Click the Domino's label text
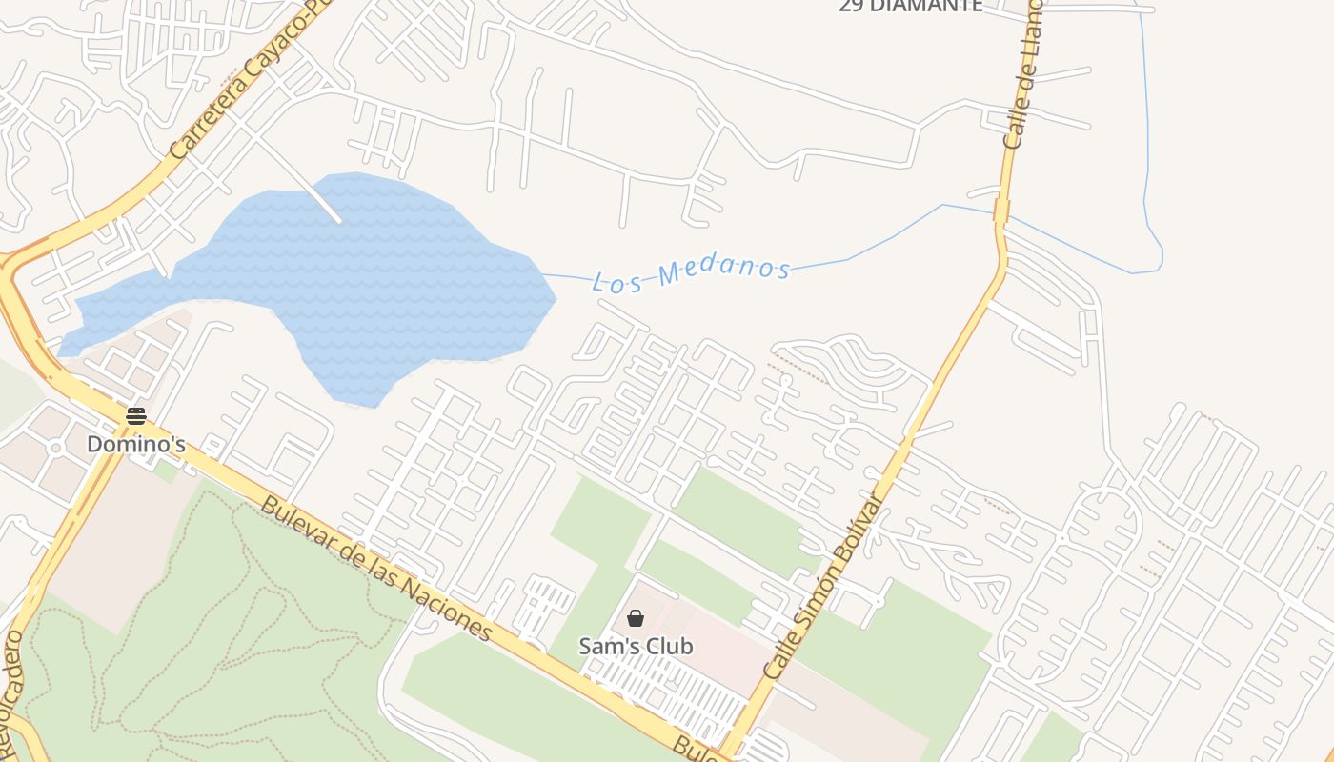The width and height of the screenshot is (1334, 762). pos(135,444)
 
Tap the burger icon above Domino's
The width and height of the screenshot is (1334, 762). pos(135,416)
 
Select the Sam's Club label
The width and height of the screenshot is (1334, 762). pos(636,646)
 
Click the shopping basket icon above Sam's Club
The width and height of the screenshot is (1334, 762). pos(636,618)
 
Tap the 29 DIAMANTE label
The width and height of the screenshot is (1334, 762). pos(910,6)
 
